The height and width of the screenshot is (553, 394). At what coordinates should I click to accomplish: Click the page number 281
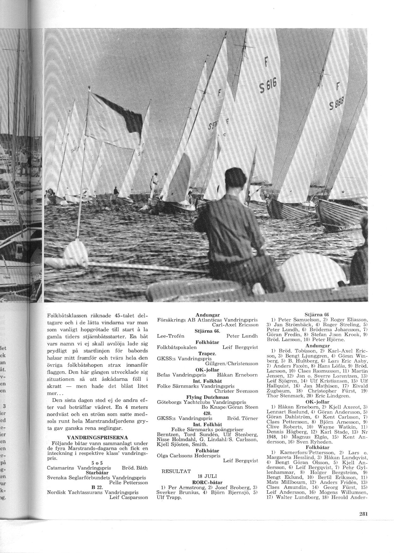[364, 523]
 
